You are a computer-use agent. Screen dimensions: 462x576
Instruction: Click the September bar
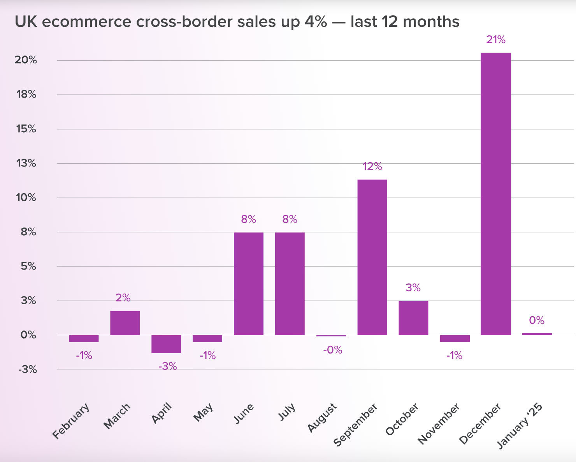pos(372,257)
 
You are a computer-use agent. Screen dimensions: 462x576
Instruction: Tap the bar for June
pos(248,283)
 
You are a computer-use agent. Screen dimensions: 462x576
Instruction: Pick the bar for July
pos(290,283)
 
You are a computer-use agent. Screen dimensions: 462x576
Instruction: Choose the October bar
pos(413,318)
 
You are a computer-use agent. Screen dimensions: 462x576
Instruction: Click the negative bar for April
pos(166,344)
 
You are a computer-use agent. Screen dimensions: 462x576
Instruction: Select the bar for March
pos(125,323)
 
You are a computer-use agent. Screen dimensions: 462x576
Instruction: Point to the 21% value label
pos(495,40)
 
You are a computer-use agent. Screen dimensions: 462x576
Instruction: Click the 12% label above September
pos(372,167)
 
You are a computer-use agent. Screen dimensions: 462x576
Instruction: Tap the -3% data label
pos(167,366)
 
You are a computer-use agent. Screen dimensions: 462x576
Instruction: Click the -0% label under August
pos(332,350)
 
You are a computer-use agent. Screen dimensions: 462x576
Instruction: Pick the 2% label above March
pos(123,298)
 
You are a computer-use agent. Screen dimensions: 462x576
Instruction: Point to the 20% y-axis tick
pos(26,60)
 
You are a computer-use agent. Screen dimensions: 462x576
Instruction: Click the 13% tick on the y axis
pos(26,163)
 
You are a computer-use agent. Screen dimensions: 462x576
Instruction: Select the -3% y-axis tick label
pos(27,369)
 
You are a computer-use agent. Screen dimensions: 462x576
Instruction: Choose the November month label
pos(439,424)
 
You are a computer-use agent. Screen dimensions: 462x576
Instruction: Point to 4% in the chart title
pos(316,22)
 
